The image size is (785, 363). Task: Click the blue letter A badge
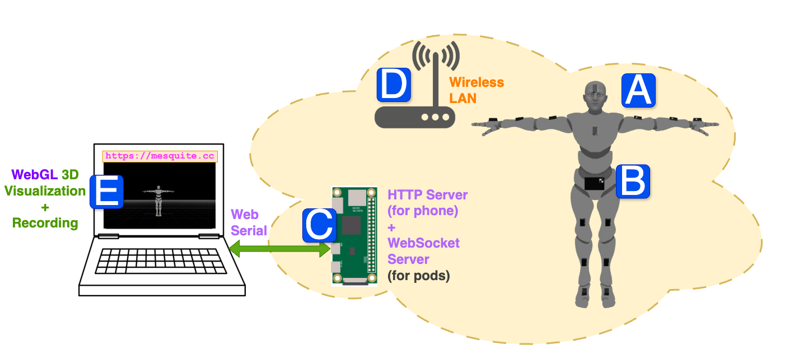click(x=638, y=90)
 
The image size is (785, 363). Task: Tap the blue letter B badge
click(x=633, y=181)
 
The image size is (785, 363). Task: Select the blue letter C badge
click(x=319, y=225)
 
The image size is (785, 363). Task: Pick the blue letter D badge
click(x=394, y=85)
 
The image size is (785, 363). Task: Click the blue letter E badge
click(x=106, y=191)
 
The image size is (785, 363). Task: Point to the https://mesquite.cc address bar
click(x=160, y=156)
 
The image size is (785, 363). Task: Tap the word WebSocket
click(x=423, y=243)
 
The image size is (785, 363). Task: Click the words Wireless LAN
click(x=476, y=90)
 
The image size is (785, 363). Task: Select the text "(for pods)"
click(x=418, y=276)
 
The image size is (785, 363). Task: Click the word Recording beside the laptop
click(x=45, y=222)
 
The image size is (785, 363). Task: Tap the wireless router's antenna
click(x=435, y=78)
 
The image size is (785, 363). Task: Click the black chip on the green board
click(x=352, y=225)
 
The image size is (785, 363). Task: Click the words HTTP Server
click(x=427, y=195)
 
